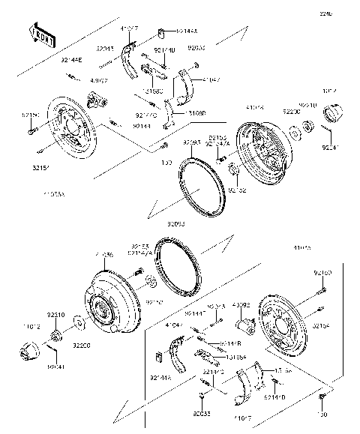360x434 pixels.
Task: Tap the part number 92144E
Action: tap(71, 56)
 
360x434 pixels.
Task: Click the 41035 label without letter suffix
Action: tap(303, 246)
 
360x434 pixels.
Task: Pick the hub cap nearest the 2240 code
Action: tap(332, 117)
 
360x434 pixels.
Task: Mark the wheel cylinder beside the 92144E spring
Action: tap(94, 100)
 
